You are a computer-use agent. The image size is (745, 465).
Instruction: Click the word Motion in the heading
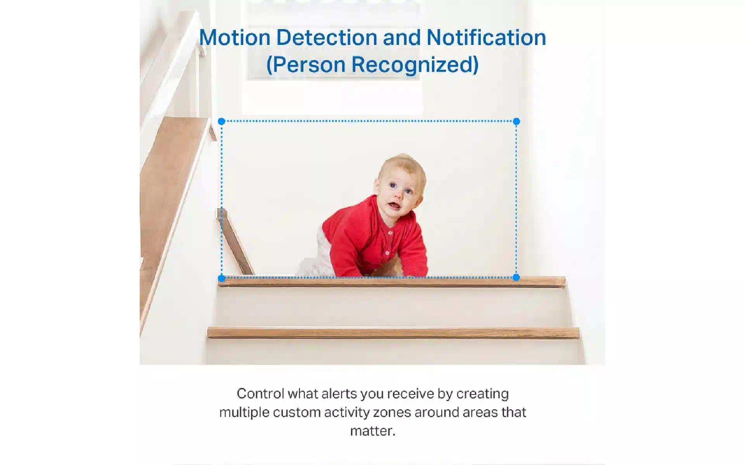pos(235,38)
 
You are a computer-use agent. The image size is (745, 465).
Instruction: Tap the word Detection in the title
pos(327,38)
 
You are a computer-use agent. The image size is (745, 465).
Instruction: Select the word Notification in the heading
pos(486,38)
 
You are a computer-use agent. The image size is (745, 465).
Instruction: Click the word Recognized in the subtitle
pos(415,65)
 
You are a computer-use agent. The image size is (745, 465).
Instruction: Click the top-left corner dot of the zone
pos(222,121)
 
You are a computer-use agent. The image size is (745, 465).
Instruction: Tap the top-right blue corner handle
pos(516,121)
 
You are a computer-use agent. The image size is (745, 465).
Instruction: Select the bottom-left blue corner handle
pos(222,278)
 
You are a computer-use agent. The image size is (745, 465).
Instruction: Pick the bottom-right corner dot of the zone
pos(516,277)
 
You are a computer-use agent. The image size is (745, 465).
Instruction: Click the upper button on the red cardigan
pos(390,233)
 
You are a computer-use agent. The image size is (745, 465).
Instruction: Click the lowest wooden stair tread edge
pos(393,332)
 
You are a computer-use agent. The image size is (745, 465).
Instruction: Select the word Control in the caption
pos(260,393)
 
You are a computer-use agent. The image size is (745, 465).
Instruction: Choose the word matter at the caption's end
pos(373,431)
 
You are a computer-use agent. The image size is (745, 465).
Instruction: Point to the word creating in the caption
pos(483,394)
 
